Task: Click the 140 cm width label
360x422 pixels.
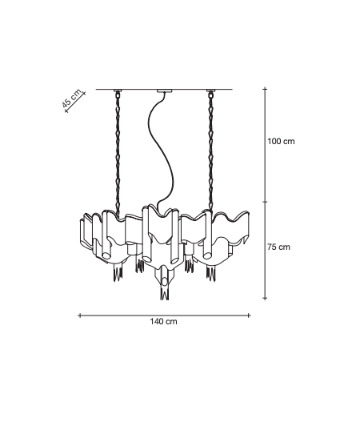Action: [163, 321]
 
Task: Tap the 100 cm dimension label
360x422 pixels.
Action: [281, 141]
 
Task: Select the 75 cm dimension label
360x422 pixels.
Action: [279, 247]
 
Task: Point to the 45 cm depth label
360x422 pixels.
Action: [71, 98]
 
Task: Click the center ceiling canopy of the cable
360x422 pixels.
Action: [165, 90]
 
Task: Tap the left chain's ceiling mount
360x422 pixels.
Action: [118, 90]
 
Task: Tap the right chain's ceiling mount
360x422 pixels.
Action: [210, 90]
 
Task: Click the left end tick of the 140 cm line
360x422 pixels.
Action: [79, 315]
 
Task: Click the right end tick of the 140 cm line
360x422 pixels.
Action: [249, 315]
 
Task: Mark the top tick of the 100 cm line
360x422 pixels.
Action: [266, 89]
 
